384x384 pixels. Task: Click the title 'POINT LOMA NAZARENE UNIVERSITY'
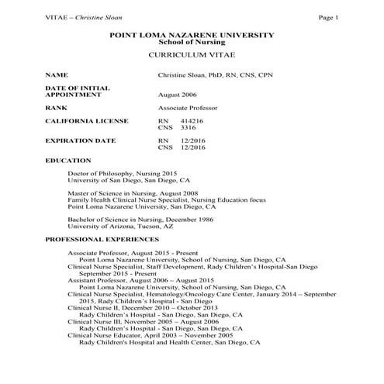click(x=192, y=35)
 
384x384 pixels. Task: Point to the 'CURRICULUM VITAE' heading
click(x=192, y=58)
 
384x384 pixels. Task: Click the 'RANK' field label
click(x=57, y=108)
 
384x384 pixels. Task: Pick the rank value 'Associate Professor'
click(x=188, y=108)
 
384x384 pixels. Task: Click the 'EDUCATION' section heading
click(x=68, y=160)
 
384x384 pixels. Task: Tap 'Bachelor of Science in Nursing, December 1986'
click(x=137, y=220)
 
